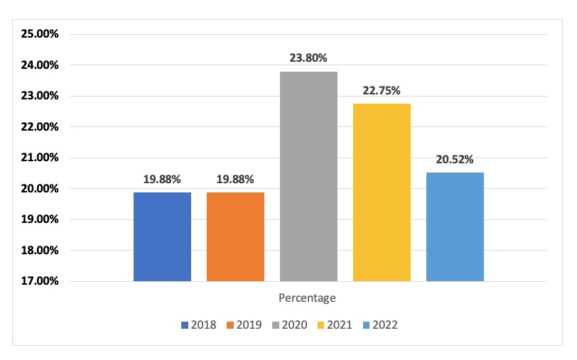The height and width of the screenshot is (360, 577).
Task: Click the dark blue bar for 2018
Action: tap(162, 236)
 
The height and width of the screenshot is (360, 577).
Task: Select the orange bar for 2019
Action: tap(235, 236)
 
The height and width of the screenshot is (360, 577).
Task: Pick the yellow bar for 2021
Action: tap(382, 192)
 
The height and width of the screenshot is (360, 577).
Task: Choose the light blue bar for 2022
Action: tap(455, 227)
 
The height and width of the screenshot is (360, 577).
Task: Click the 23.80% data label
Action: tap(308, 58)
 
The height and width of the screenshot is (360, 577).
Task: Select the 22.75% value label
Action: tap(382, 90)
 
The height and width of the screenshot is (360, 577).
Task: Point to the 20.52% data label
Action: tap(455, 159)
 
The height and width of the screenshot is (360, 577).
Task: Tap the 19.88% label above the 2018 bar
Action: tap(162, 179)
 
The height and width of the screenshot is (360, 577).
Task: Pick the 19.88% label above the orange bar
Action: tap(235, 179)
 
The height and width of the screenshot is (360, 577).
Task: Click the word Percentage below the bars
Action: tap(307, 298)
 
